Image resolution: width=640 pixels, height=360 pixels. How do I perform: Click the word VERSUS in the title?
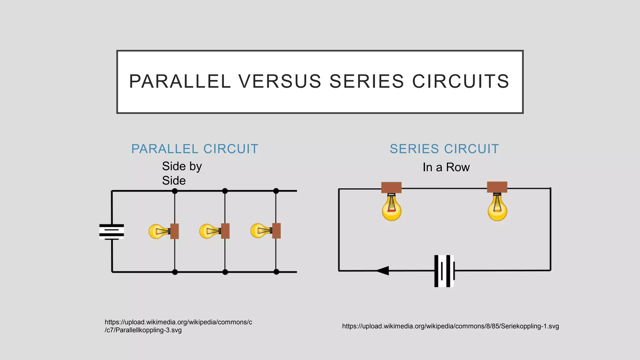280,81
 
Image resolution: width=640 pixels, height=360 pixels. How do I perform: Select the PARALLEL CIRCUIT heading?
195,149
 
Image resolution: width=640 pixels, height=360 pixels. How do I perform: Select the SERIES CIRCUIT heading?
444,149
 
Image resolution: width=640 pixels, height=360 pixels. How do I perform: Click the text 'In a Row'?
446,167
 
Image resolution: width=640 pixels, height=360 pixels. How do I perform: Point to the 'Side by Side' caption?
182,173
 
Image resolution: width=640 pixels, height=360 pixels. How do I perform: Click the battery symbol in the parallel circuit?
112,232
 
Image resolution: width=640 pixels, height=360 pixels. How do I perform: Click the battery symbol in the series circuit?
444,271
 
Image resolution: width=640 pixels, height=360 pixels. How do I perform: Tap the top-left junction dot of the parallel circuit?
175,191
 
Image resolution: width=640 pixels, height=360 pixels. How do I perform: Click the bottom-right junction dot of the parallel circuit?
276,272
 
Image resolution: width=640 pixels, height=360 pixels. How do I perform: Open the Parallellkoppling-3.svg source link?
178,326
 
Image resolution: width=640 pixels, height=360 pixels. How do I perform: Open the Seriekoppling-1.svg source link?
450,326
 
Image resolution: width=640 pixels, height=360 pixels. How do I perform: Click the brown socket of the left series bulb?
391,187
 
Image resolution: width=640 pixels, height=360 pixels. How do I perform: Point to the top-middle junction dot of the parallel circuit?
225,191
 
